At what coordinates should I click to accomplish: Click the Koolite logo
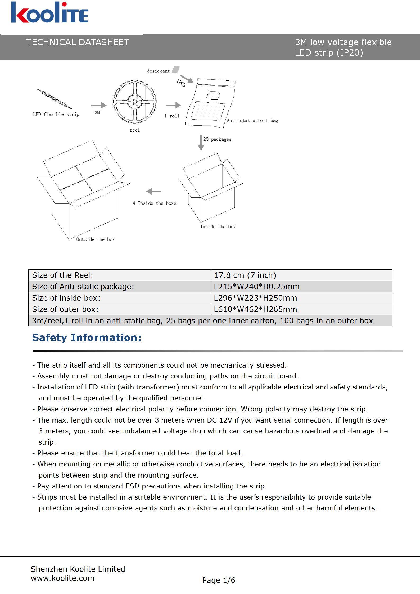(49, 13)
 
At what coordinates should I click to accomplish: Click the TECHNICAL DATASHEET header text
(77, 42)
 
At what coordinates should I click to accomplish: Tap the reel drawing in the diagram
(135, 102)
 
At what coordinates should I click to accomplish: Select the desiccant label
(158, 71)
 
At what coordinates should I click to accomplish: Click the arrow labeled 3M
(100, 105)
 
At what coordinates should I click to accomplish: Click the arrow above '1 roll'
(173, 105)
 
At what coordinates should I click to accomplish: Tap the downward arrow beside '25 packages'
(201, 143)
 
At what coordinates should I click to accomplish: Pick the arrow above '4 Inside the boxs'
(154, 191)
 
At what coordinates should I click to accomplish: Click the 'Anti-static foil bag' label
(252, 121)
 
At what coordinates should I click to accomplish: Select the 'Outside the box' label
(95, 239)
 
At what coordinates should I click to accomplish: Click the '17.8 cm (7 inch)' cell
(245, 275)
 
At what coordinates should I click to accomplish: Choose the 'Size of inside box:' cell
(66, 298)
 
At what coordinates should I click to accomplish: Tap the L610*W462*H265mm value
(255, 309)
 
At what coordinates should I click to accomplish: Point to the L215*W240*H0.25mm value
(256, 287)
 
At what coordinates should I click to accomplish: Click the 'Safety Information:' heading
(87, 338)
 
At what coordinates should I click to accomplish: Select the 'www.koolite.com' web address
(62, 578)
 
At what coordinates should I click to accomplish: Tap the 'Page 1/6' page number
(219, 580)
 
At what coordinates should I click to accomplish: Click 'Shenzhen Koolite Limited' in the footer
(78, 569)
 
